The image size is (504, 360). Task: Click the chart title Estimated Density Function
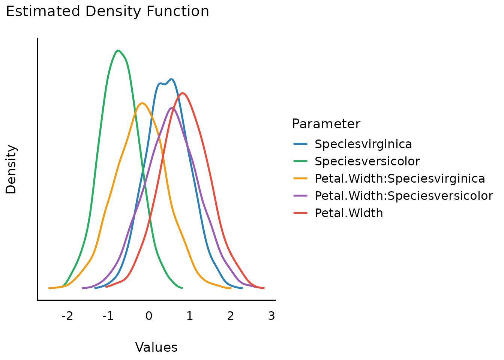click(107, 12)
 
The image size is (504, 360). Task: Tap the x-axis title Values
click(156, 347)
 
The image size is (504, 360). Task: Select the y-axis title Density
click(11, 169)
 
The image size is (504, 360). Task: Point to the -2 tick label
click(67, 316)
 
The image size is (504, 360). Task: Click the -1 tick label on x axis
click(108, 316)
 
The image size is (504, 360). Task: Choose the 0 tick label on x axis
click(149, 316)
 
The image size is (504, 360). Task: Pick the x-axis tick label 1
click(190, 316)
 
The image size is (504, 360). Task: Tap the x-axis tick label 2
click(231, 316)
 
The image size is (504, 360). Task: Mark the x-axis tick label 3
click(271, 316)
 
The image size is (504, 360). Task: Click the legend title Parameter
click(326, 124)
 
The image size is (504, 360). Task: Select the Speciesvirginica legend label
click(363, 144)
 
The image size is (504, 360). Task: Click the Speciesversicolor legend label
click(367, 161)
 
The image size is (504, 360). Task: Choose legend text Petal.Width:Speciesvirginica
click(400, 178)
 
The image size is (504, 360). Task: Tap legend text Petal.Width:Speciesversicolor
click(403, 196)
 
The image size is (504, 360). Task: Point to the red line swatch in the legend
click(300, 213)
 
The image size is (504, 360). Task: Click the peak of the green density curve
click(118, 50)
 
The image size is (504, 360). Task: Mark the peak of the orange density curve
click(142, 103)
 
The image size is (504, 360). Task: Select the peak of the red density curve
click(183, 93)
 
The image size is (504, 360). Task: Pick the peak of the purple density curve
click(172, 108)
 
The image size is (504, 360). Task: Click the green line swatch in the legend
click(300, 161)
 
